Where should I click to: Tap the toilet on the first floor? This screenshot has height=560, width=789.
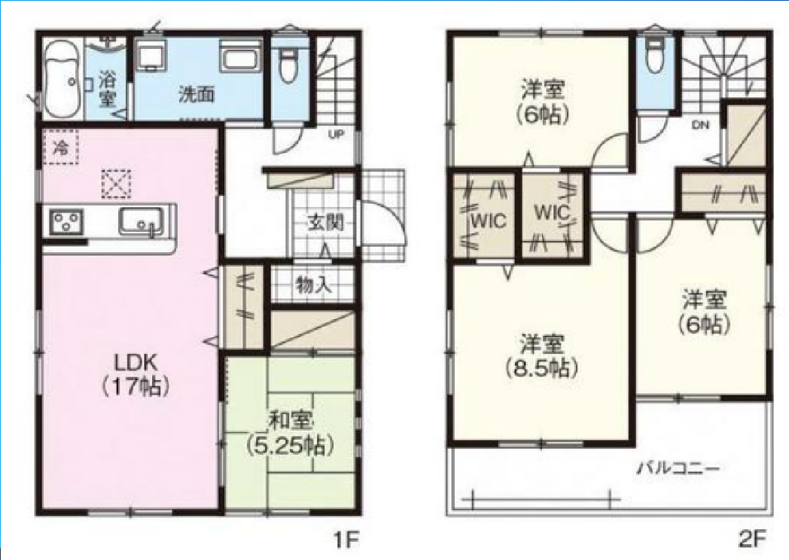288,64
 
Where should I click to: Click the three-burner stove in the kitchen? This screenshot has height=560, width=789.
66,222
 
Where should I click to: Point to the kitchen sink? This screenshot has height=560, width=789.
142,222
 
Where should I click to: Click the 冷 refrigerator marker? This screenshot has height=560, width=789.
61,147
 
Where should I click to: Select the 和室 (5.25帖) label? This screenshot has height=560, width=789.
291,434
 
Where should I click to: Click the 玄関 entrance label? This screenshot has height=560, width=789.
325,221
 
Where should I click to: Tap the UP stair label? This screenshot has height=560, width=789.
336,134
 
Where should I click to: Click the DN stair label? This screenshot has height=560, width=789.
700,125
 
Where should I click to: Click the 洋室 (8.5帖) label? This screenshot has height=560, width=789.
542,356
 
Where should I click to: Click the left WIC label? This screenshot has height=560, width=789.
489,221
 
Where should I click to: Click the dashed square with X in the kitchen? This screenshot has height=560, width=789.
116,184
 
